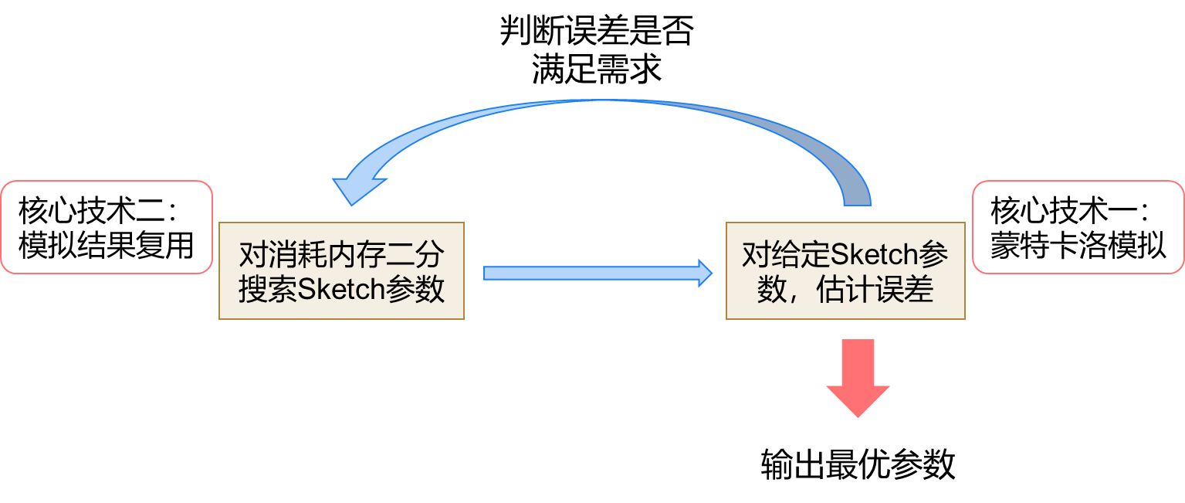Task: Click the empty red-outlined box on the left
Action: point(107,227)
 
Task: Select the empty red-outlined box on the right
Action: point(1078,227)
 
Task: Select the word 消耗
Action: point(298,254)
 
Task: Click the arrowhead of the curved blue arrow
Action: point(356,185)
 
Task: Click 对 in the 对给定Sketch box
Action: point(755,254)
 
